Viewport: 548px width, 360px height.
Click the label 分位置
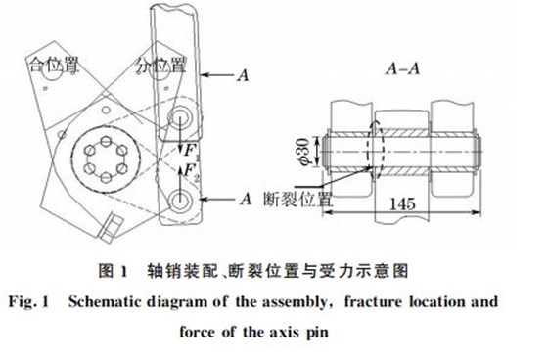click(x=162, y=63)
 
